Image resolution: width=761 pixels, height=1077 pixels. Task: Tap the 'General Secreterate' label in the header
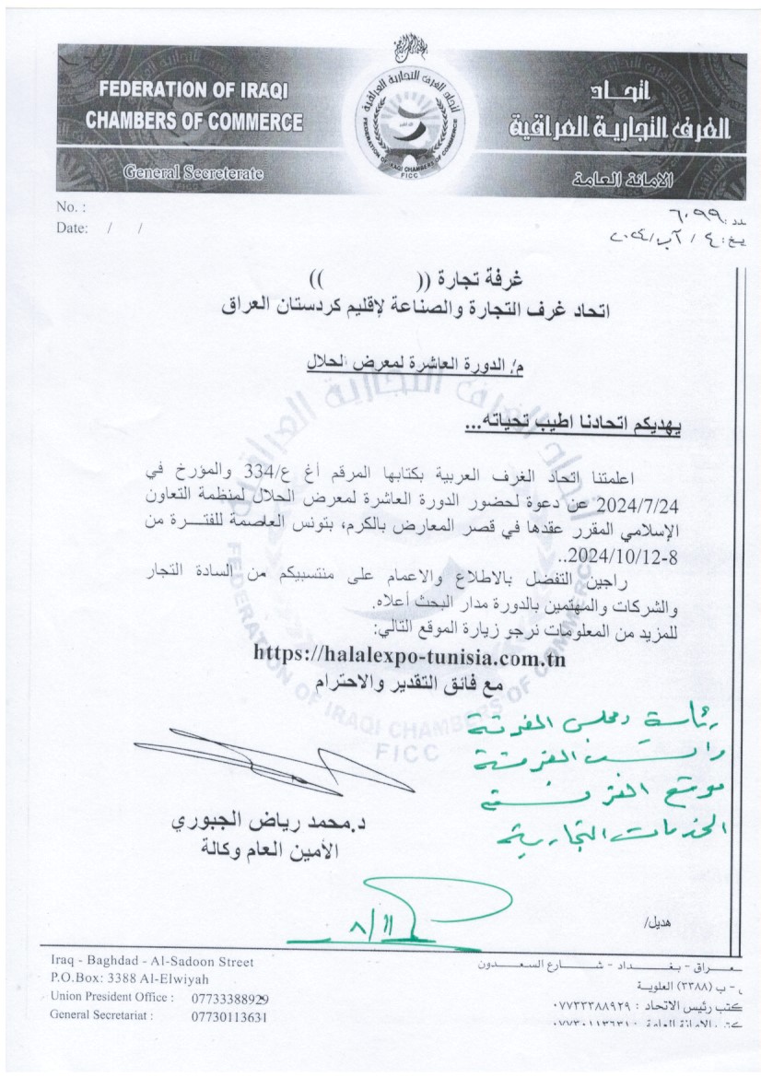pyautogui.click(x=193, y=172)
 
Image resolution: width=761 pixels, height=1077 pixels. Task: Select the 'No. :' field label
pyautogui.click(x=71, y=207)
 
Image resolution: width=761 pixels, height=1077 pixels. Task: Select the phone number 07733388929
pyautogui.click(x=230, y=999)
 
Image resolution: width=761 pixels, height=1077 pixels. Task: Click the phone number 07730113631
pyautogui.click(x=229, y=1018)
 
